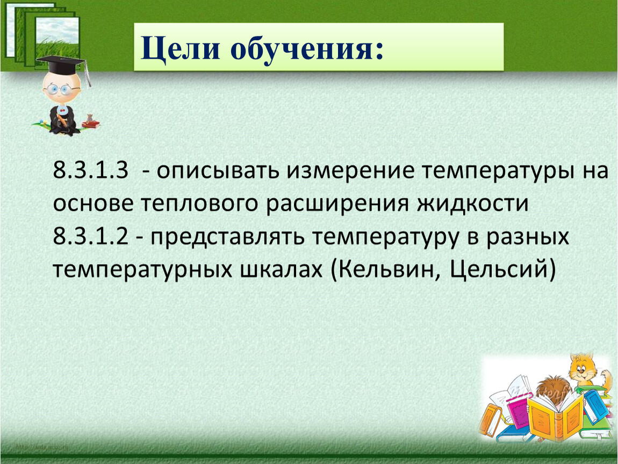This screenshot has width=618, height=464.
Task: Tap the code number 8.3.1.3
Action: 91,170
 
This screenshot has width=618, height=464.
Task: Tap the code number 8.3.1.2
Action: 91,237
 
